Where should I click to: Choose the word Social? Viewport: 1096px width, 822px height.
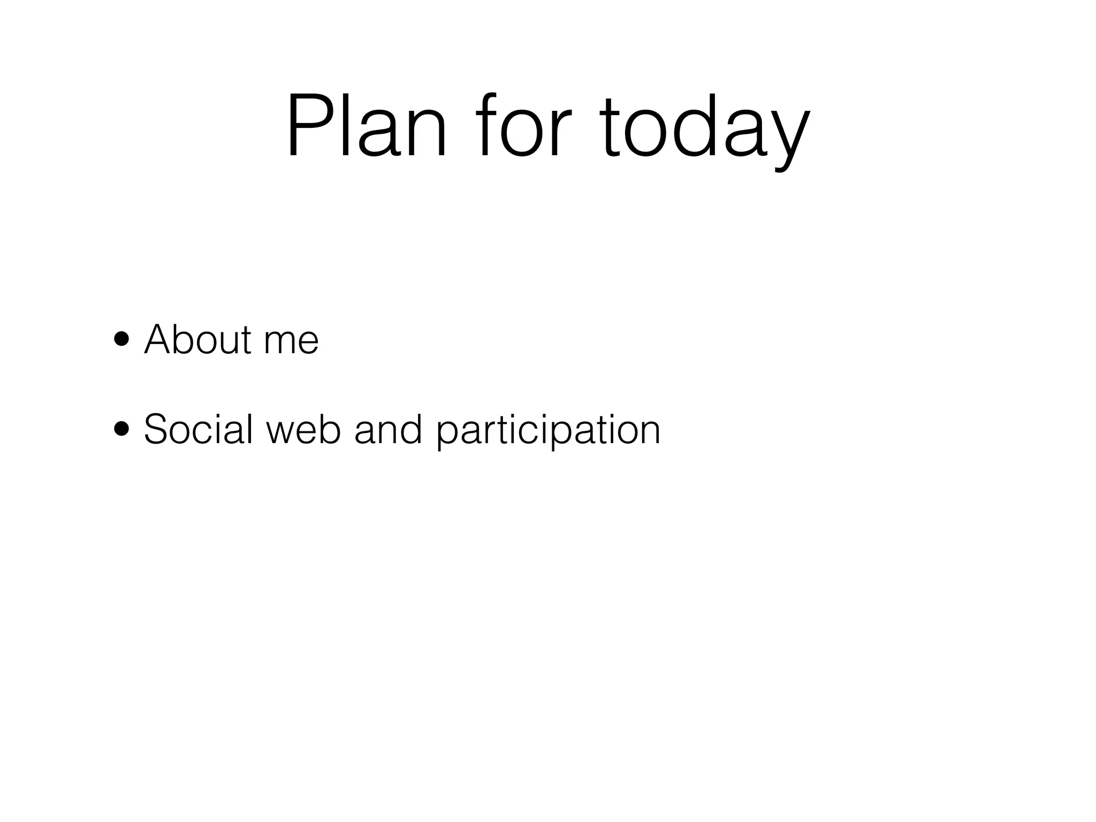click(x=198, y=429)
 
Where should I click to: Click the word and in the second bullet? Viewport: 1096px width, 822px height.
click(x=388, y=429)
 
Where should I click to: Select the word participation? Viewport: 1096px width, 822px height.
click(x=549, y=431)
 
